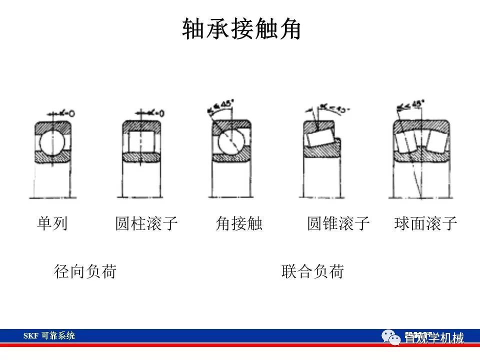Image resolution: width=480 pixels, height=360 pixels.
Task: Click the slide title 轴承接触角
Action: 241,29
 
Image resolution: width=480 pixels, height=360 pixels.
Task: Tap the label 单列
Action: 52,223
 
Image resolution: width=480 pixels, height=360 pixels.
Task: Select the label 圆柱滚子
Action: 146,223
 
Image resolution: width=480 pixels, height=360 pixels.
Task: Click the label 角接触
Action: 239,223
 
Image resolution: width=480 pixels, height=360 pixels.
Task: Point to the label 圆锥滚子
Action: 338,223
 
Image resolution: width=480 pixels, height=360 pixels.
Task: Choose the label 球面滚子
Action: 425,223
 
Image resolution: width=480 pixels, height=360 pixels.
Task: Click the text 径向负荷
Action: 85,271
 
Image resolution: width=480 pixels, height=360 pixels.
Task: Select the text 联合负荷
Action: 312,271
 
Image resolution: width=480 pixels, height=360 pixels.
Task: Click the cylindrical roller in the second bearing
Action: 141,142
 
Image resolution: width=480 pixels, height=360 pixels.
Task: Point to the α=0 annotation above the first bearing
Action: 65,113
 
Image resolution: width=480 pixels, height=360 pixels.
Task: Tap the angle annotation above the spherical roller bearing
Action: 412,106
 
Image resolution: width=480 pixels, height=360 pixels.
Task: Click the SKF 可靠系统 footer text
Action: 49,336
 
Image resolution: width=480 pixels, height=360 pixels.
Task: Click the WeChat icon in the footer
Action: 392,337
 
